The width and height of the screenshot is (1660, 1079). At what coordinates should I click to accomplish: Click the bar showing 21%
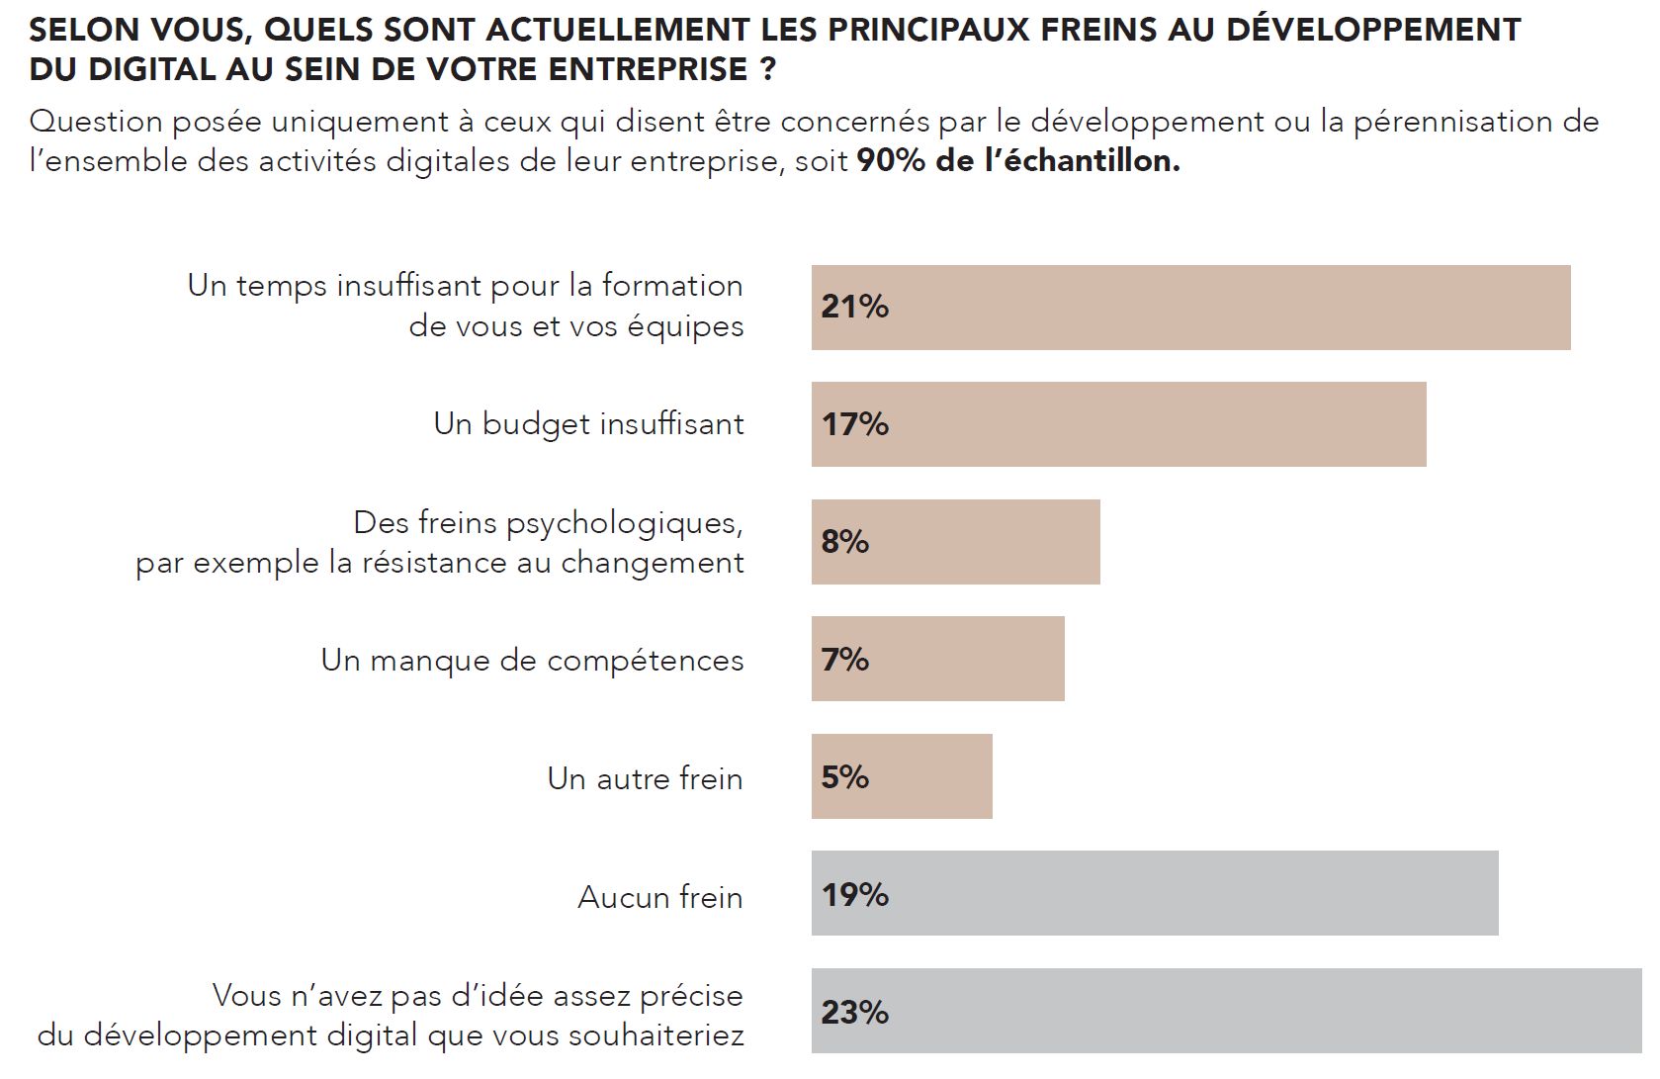pyautogui.click(x=1190, y=308)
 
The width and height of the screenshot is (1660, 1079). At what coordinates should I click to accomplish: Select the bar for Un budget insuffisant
pyautogui.click(x=1118, y=424)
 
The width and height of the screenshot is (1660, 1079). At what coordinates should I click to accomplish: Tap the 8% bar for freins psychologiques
pyautogui.click(x=955, y=542)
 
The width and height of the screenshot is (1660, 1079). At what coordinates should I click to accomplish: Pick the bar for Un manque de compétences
pyautogui.click(x=937, y=660)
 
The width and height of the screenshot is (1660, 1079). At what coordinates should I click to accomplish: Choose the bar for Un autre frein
pyautogui.click(x=902, y=776)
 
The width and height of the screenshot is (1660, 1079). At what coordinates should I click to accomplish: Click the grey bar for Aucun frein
pyautogui.click(x=1154, y=893)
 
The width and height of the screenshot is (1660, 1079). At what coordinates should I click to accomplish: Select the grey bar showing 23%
pyautogui.click(x=1226, y=1011)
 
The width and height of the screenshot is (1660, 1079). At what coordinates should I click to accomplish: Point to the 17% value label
pyautogui.click(x=855, y=424)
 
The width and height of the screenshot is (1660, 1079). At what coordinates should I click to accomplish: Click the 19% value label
pyautogui.click(x=855, y=895)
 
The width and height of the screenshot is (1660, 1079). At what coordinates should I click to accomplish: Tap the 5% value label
pyautogui.click(x=845, y=777)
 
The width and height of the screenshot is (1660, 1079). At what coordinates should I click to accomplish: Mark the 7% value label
pyautogui.click(x=845, y=660)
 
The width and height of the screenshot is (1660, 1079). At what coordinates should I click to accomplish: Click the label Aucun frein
pyautogui.click(x=659, y=897)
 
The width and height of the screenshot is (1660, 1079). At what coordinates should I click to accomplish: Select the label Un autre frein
pyautogui.click(x=645, y=779)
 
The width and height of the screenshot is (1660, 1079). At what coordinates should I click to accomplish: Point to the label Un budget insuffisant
pyautogui.click(x=588, y=424)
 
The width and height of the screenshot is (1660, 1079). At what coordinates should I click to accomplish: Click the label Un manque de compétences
pyautogui.click(x=532, y=661)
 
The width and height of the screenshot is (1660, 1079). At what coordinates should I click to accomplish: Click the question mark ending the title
pyautogui.click(x=767, y=69)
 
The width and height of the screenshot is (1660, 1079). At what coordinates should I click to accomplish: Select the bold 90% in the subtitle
pyautogui.click(x=891, y=160)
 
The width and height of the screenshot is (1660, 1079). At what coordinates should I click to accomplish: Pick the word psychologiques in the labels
pyautogui.click(x=623, y=523)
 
